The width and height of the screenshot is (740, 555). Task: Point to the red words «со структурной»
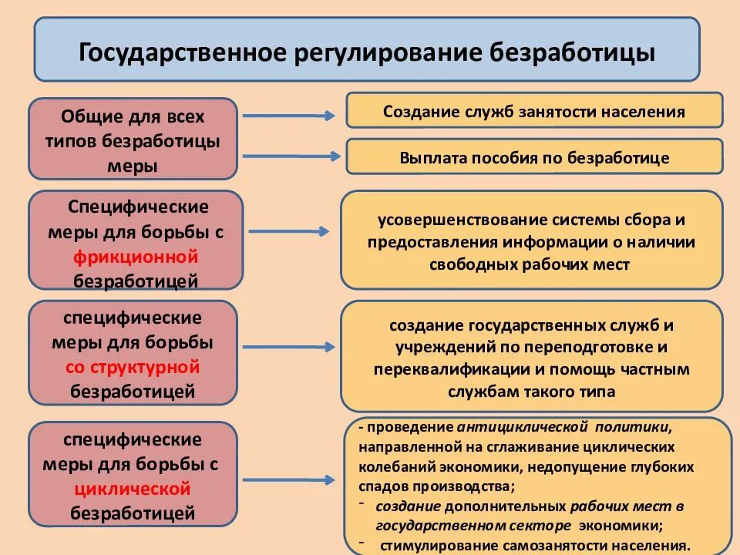pos(133,366)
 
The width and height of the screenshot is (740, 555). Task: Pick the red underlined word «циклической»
pos(133,488)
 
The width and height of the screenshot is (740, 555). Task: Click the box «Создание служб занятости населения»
pos(534,110)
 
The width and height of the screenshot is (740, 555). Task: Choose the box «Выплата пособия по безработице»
pos(534,157)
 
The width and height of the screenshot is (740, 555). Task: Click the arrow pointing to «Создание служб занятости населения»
pos(288,116)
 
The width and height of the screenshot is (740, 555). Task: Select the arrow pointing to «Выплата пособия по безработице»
pos(290,155)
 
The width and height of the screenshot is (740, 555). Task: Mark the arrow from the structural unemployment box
pos(293,347)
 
